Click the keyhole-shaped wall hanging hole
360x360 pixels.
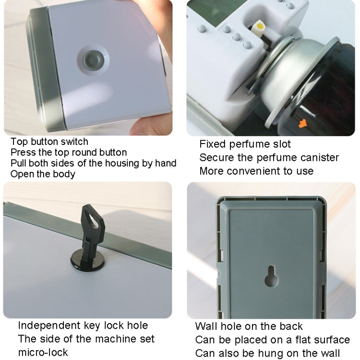(271, 276)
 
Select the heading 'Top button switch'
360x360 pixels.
(49, 142)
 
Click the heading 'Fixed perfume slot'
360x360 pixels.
(245, 144)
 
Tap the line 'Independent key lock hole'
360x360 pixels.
(83, 325)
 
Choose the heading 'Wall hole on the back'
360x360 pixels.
(249, 326)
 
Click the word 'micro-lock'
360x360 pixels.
(43, 352)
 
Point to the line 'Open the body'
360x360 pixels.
(43, 174)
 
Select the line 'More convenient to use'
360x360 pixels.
(256, 171)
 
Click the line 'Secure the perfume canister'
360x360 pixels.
(269, 157)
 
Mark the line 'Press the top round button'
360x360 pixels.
(69, 153)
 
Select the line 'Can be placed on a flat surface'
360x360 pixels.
(272, 340)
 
